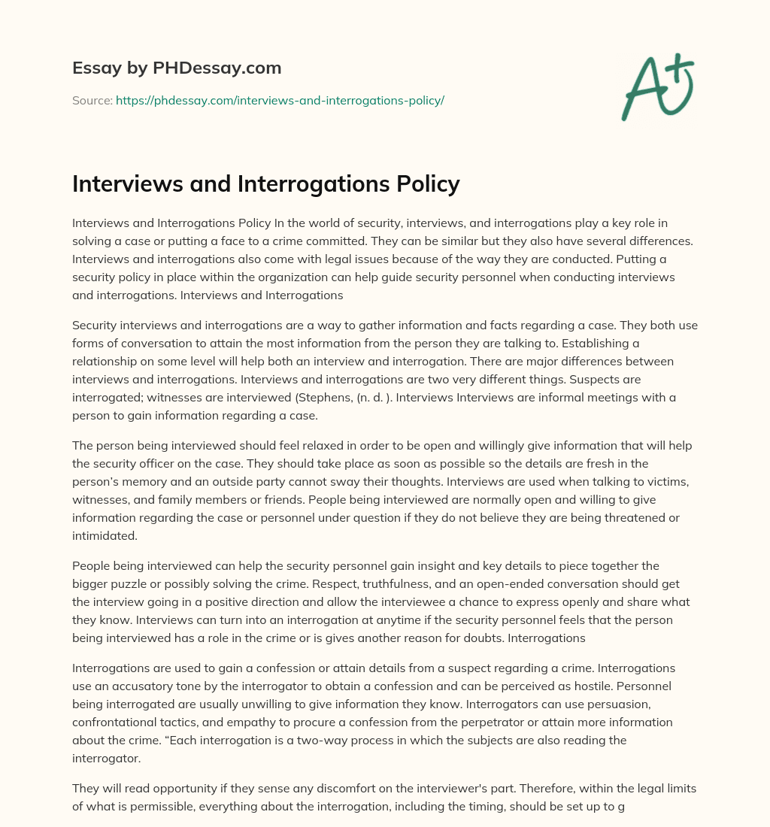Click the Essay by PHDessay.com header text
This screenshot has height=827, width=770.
click(177, 68)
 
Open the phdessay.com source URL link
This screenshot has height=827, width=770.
click(280, 100)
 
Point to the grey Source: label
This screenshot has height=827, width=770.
click(92, 100)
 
